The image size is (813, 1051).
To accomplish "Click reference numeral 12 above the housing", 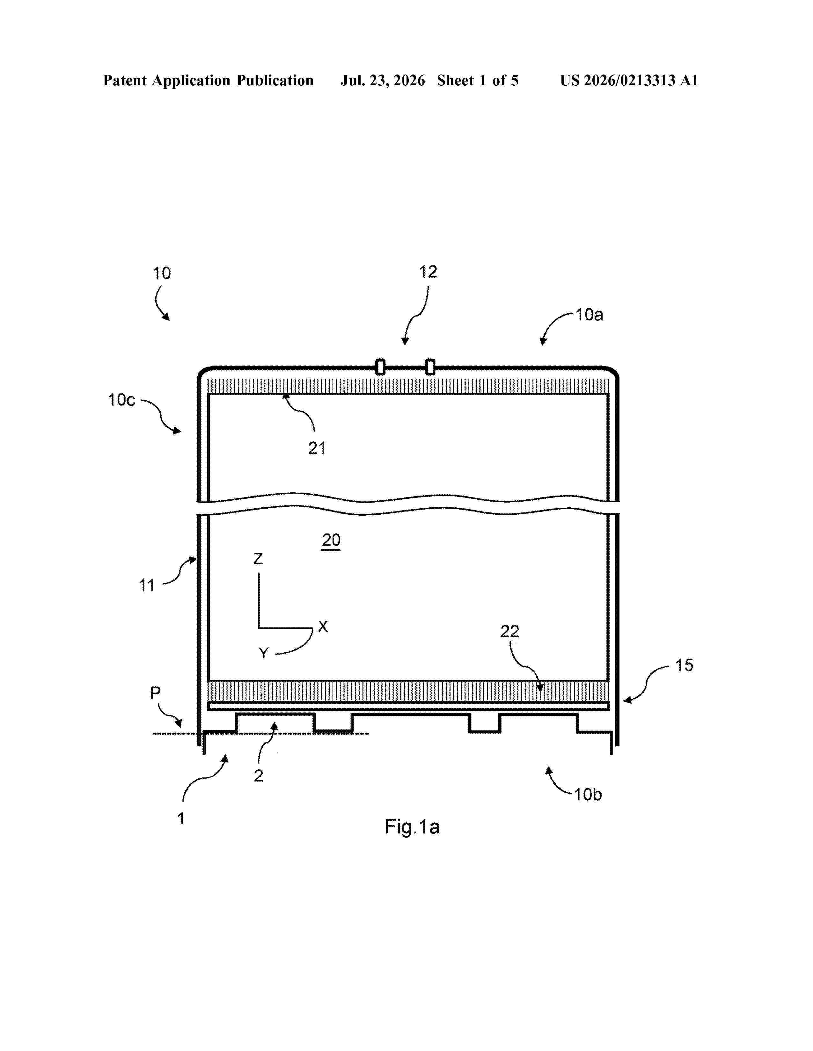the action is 428,272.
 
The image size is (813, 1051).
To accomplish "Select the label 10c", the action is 122,400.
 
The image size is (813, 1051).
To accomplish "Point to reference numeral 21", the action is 317,448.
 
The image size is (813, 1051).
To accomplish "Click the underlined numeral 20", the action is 331,540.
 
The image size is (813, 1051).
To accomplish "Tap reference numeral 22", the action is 509,631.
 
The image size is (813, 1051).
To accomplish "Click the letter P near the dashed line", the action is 155,693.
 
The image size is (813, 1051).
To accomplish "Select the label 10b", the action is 588,795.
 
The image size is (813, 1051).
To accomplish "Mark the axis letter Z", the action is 258,559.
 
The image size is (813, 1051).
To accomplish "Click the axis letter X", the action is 323,626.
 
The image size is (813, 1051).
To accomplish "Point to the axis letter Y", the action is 263,653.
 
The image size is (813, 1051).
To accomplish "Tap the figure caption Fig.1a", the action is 412,827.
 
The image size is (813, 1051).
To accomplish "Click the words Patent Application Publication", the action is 208,81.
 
